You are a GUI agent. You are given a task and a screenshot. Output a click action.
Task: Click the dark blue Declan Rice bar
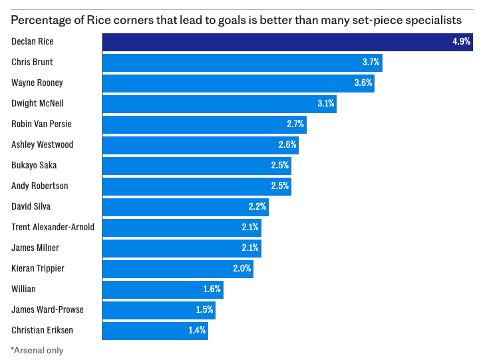286,42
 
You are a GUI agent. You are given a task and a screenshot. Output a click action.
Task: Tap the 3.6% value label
363,83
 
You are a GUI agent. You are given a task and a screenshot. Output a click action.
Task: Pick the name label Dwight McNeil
37,104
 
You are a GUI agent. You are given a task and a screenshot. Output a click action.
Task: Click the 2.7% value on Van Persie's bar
295,124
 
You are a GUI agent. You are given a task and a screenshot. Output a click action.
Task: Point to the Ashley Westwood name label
43,145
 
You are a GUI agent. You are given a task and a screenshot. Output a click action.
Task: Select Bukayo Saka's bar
196,166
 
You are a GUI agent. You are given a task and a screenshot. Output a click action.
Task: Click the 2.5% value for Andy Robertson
280,186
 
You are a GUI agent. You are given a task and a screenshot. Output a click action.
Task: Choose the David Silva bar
185,207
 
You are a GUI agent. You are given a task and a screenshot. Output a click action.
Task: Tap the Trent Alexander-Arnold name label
53,228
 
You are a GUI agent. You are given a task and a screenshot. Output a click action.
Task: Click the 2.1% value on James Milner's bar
250,248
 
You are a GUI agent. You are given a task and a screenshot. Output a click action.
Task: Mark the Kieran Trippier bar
177,269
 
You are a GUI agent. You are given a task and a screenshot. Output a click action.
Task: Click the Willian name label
25,289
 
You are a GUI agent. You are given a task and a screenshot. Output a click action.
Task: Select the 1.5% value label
204,310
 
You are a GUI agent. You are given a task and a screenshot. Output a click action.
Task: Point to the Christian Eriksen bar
154,331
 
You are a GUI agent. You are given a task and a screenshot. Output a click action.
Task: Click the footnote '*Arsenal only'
37,350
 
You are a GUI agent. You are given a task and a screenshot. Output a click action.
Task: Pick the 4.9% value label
461,42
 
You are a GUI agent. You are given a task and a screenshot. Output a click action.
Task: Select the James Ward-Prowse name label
48,310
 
